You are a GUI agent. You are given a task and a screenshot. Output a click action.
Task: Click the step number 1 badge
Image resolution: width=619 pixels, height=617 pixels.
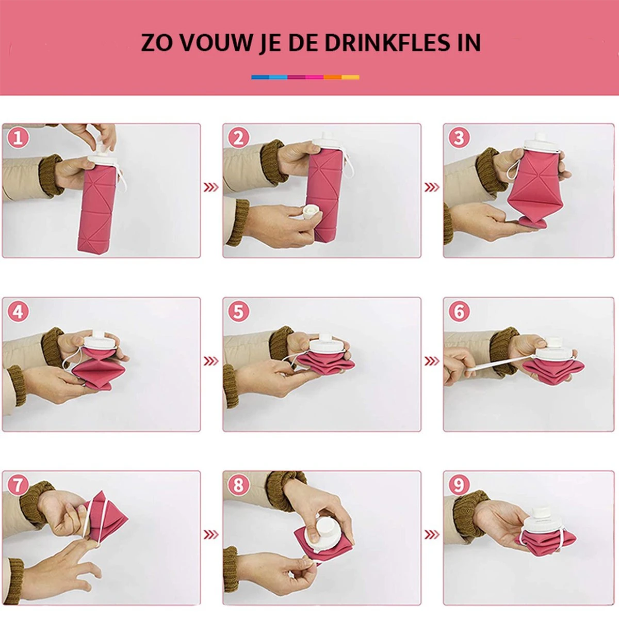pyautogui.click(x=18, y=138)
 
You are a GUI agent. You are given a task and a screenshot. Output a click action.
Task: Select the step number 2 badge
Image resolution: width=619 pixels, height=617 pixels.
pyautogui.click(x=238, y=138)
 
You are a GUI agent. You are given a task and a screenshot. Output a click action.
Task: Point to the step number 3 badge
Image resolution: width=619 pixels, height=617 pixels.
pyautogui.click(x=459, y=138)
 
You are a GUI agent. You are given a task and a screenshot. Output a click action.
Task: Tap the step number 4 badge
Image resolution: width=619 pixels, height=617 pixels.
pyautogui.click(x=18, y=312)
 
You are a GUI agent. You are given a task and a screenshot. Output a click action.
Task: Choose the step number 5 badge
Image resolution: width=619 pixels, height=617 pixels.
pyautogui.click(x=238, y=312)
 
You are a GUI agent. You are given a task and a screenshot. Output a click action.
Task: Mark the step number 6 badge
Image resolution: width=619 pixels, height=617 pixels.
pyautogui.click(x=459, y=312)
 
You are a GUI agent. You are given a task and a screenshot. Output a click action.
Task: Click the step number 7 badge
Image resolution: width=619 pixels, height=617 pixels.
pyautogui.click(x=18, y=485)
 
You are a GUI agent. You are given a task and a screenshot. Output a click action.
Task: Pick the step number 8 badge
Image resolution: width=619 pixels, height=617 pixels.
pyautogui.click(x=238, y=485)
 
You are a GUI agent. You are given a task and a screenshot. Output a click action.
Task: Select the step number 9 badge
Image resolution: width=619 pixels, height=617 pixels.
pyautogui.click(x=459, y=485)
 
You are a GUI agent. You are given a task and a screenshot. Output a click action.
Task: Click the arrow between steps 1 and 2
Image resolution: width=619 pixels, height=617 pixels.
pyautogui.click(x=211, y=187)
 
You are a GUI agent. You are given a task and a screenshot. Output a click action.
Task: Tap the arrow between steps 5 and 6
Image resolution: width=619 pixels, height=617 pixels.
pyautogui.click(x=431, y=360)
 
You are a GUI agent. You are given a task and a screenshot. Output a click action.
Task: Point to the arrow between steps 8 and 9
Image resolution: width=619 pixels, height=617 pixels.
pyautogui.click(x=431, y=534)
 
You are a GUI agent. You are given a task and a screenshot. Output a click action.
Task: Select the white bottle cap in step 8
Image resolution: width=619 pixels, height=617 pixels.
pyautogui.click(x=325, y=532)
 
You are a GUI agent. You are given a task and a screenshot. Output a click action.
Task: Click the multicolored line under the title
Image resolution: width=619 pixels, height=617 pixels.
pyautogui.click(x=305, y=77)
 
